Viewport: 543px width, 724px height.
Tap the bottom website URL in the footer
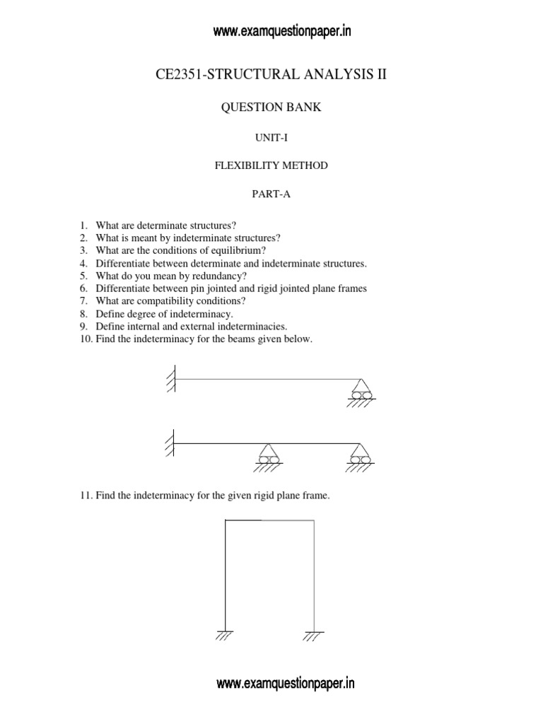(x=285, y=684)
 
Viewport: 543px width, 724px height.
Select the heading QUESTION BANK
(x=271, y=107)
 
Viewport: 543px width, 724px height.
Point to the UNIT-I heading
(x=271, y=137)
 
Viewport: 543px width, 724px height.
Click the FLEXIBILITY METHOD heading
(x=271, y=166)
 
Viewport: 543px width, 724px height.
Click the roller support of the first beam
(x=361, y=390)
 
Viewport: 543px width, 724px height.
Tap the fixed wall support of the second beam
(x=170, y=443)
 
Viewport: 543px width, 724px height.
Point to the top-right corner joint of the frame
(x=313, y=520)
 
